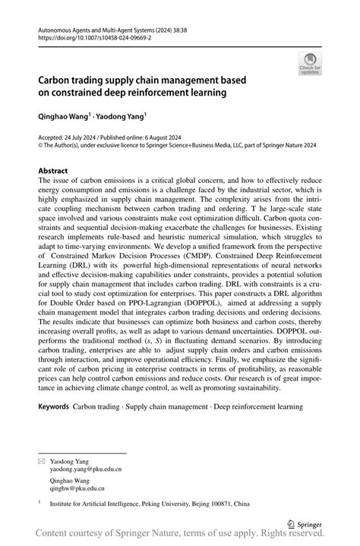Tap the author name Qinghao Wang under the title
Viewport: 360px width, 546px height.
[63, 120]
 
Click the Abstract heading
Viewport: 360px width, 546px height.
[52, 172]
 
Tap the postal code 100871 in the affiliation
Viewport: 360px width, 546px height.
[235, 503]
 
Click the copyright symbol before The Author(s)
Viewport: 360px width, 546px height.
[41, 149]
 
